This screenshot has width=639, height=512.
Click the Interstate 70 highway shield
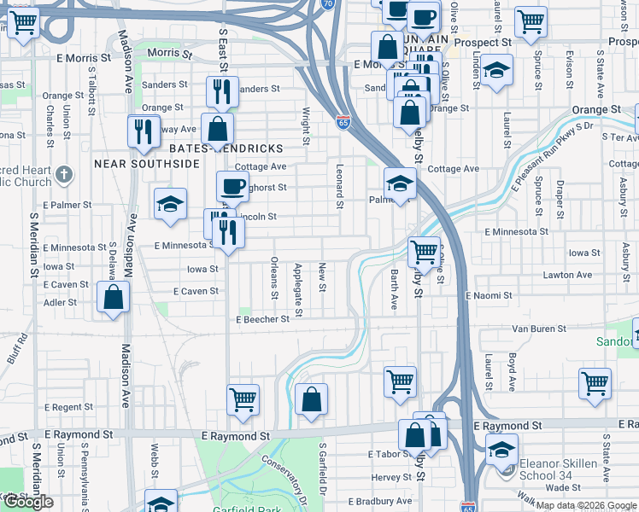pos(328,4)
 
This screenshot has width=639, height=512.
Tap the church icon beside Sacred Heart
pos(63,176)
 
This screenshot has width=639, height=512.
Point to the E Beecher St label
pos(264,319)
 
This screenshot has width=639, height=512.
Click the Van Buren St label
pos(540,329)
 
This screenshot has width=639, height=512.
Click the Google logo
pos(29,502)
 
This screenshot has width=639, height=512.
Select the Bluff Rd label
pos(17,350)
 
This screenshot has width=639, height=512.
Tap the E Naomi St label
pos(488,295)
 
